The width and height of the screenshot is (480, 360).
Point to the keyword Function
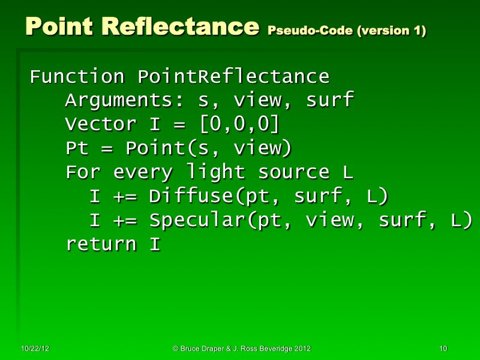[x=77, y=77]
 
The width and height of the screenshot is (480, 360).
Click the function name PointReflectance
[x=233, y=77]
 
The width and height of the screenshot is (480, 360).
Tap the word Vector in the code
[x=101, y=125]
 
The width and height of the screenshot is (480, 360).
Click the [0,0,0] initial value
[x=239, y=125]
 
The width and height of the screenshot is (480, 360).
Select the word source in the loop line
[x=294, y=173]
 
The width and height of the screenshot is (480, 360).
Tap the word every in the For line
[x=143, y=173]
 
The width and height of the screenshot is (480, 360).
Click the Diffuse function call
[x=264, y=197]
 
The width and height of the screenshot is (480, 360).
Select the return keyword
[x=101, y=245]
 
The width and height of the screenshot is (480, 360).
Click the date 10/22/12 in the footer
[x=35, y=349]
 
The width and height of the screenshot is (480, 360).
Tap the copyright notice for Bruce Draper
[x=242, y=349]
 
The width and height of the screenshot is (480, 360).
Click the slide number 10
[x=443, y=349]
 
